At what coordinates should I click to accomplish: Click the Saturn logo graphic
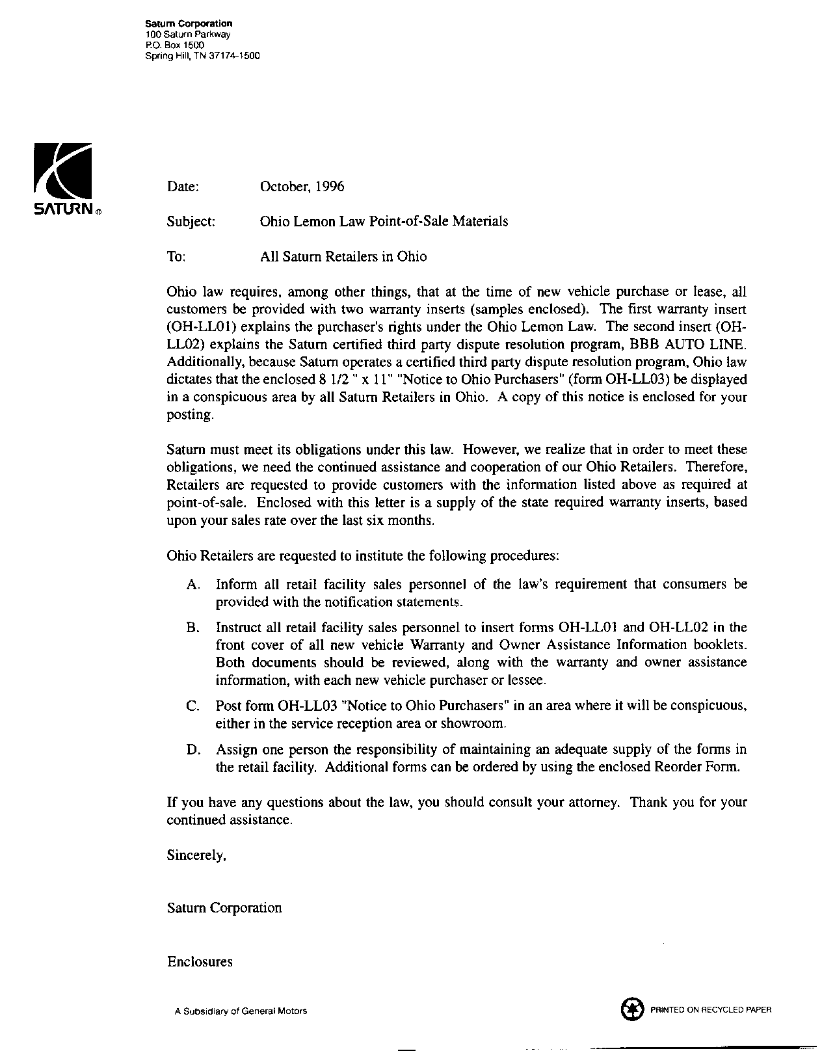(63, 172)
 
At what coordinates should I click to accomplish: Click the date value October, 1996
(302, 187)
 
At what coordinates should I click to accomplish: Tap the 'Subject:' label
(191, 221)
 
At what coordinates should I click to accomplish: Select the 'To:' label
(176, 256)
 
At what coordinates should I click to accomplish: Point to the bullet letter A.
(192, 584)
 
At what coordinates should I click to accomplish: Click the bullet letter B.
(192, 628)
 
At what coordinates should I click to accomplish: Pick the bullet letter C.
(192, 706)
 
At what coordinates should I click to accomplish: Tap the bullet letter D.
(192, 749)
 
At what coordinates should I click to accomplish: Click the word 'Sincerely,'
(196, 856)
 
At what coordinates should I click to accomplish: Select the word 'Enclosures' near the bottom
(200, 961)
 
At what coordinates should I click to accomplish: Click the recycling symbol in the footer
(630, 1010)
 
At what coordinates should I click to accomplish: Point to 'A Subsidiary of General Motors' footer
(241, 1011)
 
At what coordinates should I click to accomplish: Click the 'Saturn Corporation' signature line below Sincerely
(224, 908)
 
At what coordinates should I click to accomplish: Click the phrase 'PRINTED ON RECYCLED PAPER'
(711, 1010)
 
